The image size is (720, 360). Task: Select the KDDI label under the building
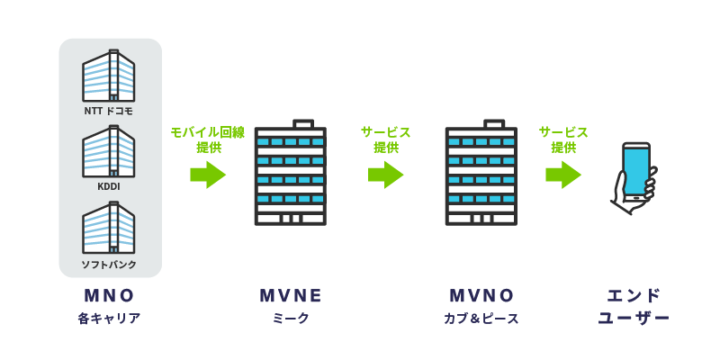110,187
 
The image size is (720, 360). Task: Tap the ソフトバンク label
110,263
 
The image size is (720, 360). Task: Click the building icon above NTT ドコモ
109,75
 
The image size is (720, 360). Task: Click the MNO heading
110,296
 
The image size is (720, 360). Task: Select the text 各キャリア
110,319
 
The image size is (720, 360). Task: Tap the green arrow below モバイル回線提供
208,174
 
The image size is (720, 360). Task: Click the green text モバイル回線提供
208,139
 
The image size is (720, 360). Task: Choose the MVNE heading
290,296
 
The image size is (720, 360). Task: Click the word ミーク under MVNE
290,319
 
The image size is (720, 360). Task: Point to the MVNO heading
481,296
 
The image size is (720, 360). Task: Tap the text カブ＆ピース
481,319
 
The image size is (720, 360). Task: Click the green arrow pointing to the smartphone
563,174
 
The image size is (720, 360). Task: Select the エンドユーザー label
634,307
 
